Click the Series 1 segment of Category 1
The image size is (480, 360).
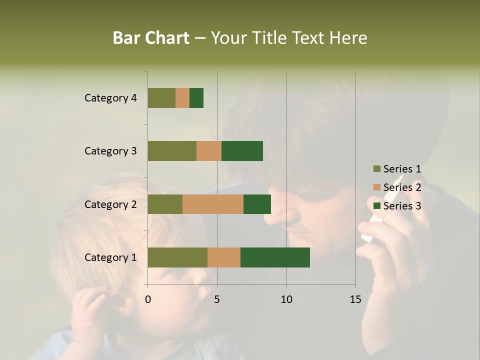[177, 257]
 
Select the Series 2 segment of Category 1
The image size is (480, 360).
[224, 257]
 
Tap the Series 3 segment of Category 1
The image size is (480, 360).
[275, 257]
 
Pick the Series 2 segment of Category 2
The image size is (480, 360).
[213, 204]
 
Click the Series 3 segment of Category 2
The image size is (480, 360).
[257, 204]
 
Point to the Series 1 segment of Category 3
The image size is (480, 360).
[172, 151]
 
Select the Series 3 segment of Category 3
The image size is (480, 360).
[242, 151]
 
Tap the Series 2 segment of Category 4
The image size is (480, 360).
[182, 98]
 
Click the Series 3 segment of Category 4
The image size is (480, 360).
[196, 98]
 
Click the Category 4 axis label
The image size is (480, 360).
[110, 98]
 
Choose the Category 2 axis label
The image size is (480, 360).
[110, 204]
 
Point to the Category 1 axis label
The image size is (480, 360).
[110, 257]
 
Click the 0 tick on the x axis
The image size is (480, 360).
[148, 299]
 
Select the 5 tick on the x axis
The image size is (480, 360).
[217, 299]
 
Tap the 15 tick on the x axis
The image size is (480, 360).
[355, 299]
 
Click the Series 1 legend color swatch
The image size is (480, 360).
[376, 169]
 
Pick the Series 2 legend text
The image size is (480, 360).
[402, 187]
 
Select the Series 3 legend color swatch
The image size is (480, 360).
[376, 206]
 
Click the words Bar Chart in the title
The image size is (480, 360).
[151, 37]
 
